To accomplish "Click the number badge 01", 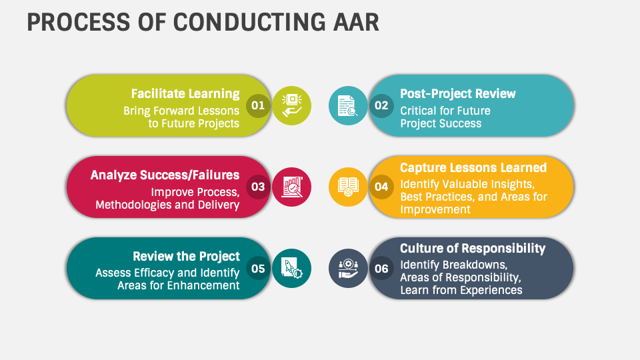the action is pos(258,106).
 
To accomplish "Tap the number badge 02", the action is pos(381,106).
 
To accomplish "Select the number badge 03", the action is pos(258,187).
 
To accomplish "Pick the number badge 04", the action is pos(381,187).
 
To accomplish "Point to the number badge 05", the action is pos(258,269).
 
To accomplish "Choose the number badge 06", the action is pos(381,269).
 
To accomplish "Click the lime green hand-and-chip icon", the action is pos(291,106).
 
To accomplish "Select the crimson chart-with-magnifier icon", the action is pos(291,187).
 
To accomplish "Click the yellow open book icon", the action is pos(348,187).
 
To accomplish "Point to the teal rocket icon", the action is pos(291,269).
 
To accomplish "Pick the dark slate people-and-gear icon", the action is pos(348,269).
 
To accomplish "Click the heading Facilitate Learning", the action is pos(185,94).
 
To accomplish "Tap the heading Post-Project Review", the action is pos(458,94).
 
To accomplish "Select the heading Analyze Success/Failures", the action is pos(165,175).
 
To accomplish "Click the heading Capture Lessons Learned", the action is pos(473,167).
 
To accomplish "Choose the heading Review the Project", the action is pos(186,256).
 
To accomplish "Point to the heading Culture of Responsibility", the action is pos(473,249).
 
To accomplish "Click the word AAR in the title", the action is pos(356,23).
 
